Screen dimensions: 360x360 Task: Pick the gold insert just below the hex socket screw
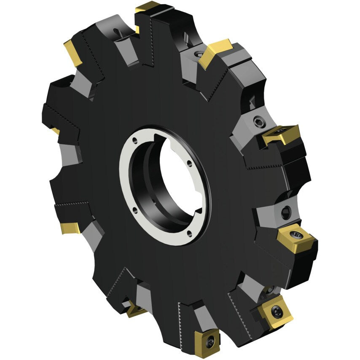pyautogui.click(x=281, y=134)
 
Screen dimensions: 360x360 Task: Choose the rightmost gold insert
pyautogui.click(x=296, y=237)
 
